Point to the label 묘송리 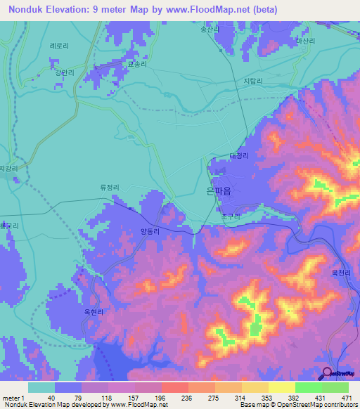137,64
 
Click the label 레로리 59,45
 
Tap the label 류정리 110,188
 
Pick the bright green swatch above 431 309,387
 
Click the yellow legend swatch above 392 282,387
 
